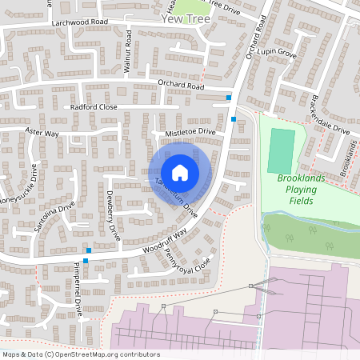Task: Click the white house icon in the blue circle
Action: [180, 173]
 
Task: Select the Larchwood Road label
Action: [79, 23]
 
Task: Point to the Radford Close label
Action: [94, 106]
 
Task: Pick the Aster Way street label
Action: [42, 132]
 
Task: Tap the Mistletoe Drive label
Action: [190, 130]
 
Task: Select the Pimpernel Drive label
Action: [78, 282]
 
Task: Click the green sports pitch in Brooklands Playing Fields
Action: [280, 151]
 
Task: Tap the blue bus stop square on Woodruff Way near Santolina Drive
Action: [88, 250]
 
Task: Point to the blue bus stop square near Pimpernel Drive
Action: [85, 261]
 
